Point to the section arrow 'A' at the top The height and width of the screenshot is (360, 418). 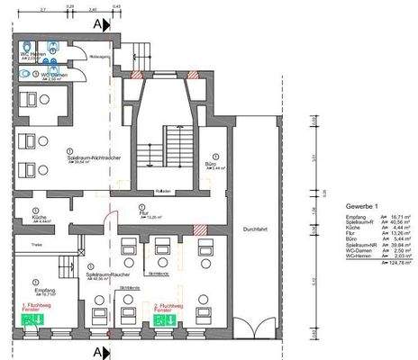tap(102, 25)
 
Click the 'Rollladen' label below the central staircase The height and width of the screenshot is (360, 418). tap(161, 190)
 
